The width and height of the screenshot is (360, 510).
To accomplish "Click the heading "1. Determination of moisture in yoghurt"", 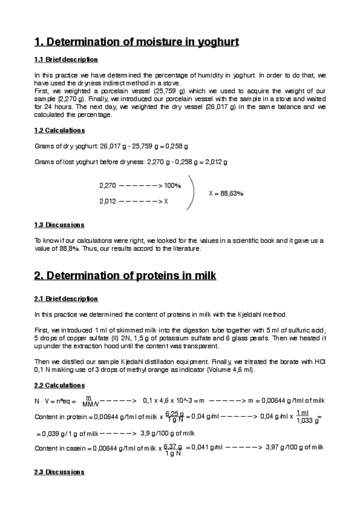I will pyautogui.click(x=137, y=42).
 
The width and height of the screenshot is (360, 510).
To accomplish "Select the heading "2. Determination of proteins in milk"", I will pyautogui.click(x=125, y=275).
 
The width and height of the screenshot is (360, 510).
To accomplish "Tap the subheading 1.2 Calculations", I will pyautogui.click(x=59, y=131).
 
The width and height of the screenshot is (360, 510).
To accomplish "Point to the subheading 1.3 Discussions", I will pyautogui.click(x=59, y=225).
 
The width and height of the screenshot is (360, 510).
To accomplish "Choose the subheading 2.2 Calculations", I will pyautogui.click(x=59, y=386).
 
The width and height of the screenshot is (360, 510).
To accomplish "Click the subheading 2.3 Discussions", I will pyautogui.click(x=59, y=472).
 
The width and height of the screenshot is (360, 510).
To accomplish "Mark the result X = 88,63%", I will pyautogui.click(x=225, y=194).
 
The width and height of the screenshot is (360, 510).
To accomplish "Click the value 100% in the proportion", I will pyautogui.click(x=172, y=185).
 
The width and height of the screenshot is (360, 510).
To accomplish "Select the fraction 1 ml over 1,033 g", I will pyautogui.click(x=303, y=416).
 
